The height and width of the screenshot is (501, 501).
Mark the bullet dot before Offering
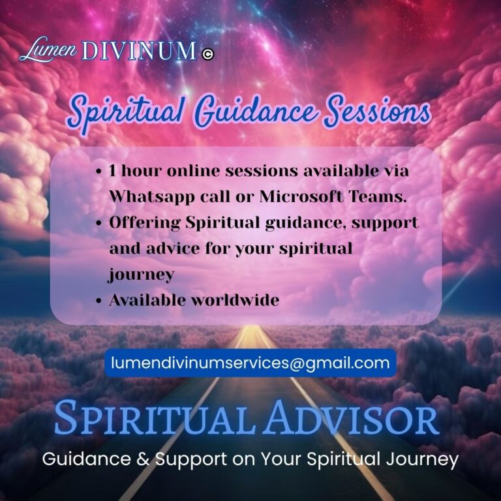click(98, 223)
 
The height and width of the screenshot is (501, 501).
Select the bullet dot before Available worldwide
click(98, 301)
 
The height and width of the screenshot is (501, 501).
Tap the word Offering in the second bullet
click(144, 222)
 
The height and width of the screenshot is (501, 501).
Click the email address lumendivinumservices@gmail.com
click(250, 363)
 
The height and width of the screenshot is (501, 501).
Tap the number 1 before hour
click(112, 171)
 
